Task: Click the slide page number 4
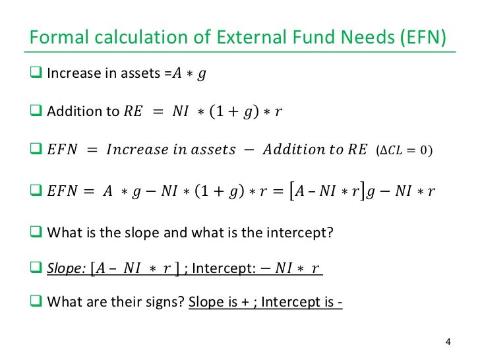448,342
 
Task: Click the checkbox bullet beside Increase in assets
36,72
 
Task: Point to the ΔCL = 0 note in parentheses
405,150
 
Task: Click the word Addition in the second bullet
70,111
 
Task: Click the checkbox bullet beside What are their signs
36,304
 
